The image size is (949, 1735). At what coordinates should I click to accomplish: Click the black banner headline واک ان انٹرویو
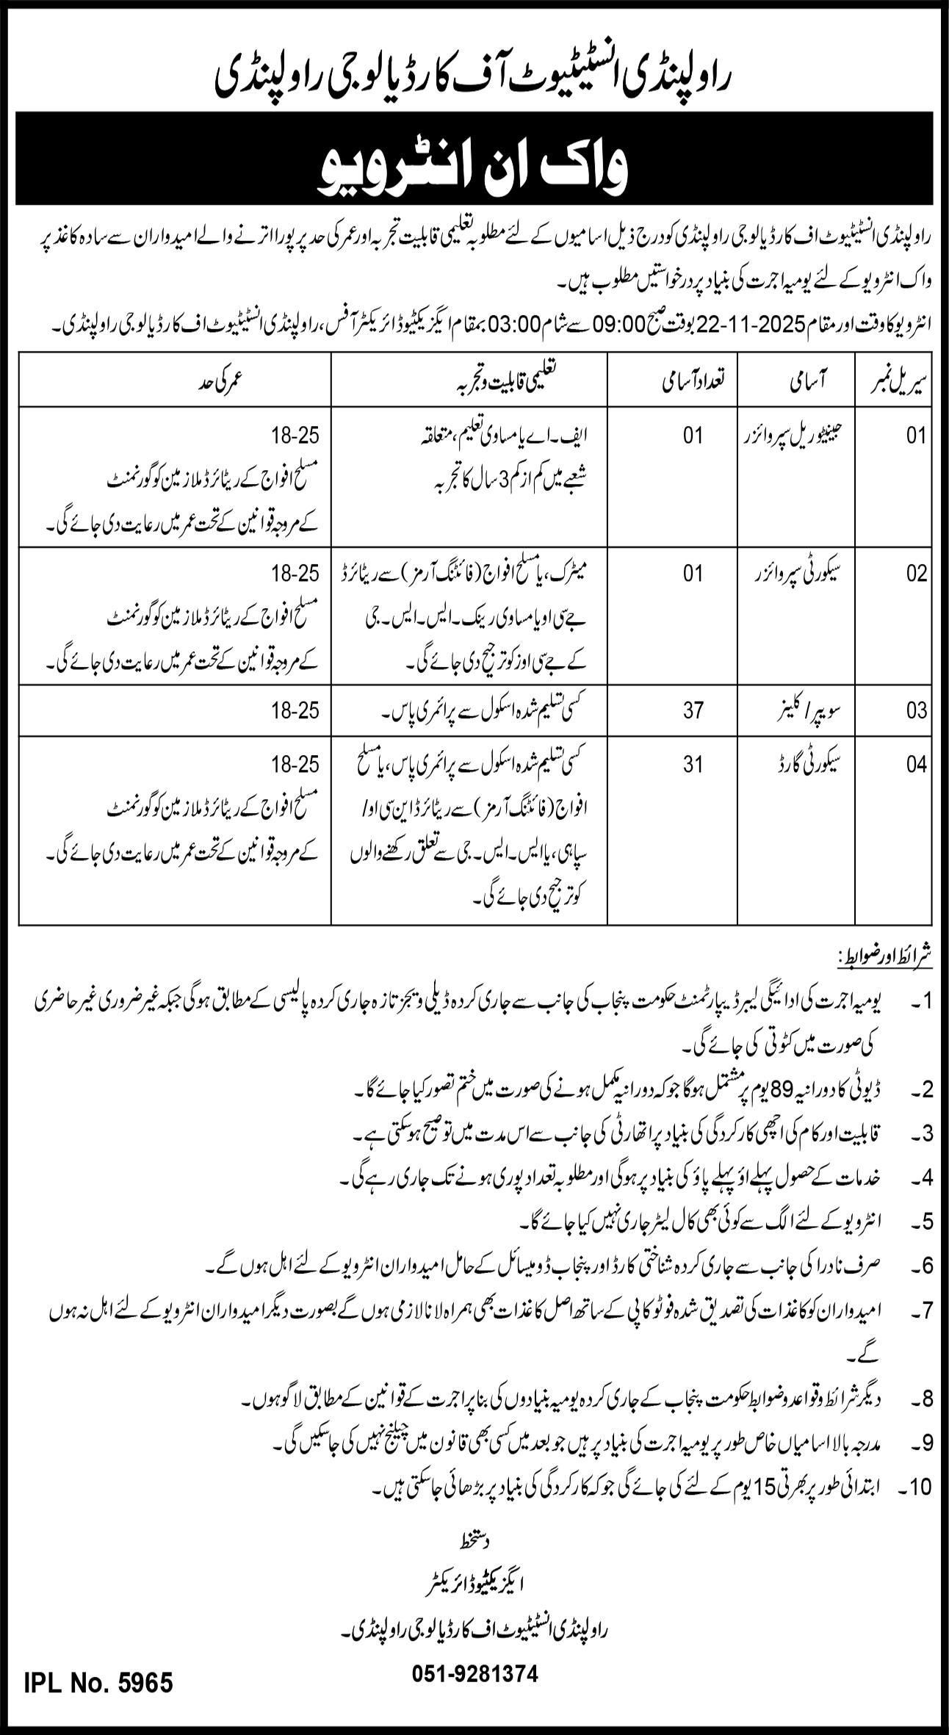(x=474, y=159)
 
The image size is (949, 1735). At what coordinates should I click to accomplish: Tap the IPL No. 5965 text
(x=99, y=1662)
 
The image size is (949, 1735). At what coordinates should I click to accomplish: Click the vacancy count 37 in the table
(x=693, y=710)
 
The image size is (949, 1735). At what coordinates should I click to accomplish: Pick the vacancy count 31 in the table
(x=693, y=765)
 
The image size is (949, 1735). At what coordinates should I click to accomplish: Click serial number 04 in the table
(x=917, y=765)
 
